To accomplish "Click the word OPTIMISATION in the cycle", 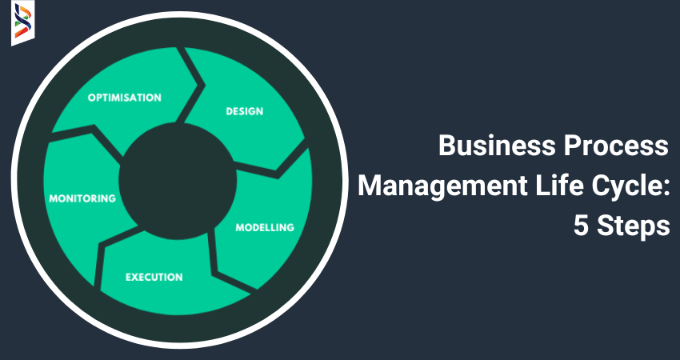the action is (124, 98).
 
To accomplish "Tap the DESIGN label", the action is (244, 111).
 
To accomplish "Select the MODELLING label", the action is (264, 227).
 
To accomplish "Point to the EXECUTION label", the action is (154, 278).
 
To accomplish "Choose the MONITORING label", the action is (82, 198).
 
